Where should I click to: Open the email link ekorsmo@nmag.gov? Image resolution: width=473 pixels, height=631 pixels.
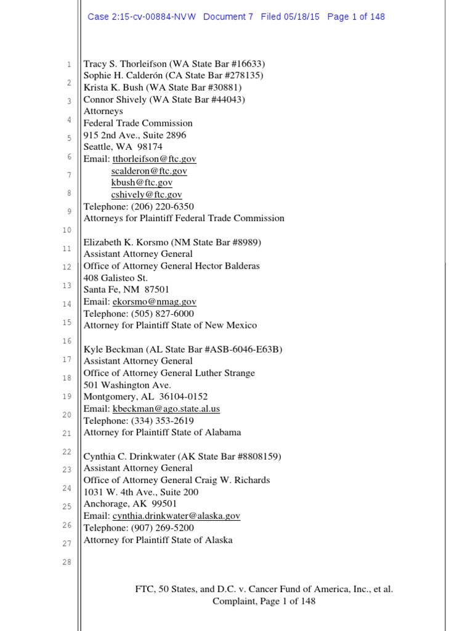154,302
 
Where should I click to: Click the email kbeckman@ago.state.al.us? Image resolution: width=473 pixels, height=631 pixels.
166,409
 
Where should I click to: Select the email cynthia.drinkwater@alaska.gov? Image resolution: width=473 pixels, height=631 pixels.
176,516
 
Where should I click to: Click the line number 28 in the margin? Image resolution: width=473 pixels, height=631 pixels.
67,562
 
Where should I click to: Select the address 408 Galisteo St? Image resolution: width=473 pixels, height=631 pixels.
116,278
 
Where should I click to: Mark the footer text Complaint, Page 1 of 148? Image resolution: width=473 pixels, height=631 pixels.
264,601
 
